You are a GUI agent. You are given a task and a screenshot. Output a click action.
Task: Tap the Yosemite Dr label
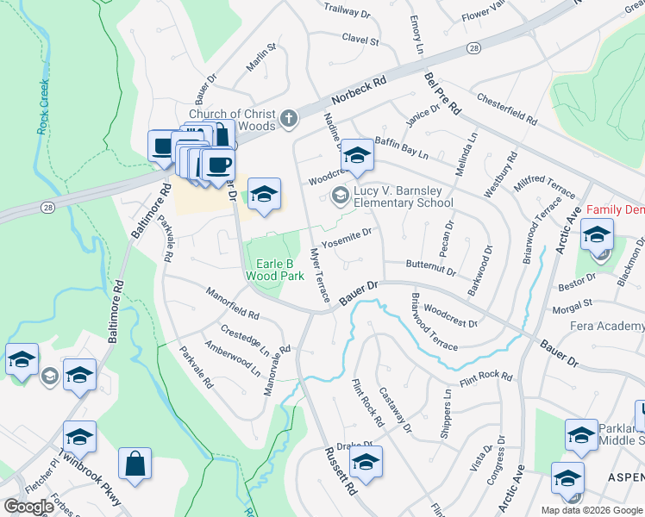346,233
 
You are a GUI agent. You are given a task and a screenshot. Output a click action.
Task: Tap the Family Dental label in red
615,210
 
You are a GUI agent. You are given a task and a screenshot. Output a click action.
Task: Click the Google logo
28,507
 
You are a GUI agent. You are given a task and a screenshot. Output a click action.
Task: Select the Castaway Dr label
394,409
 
